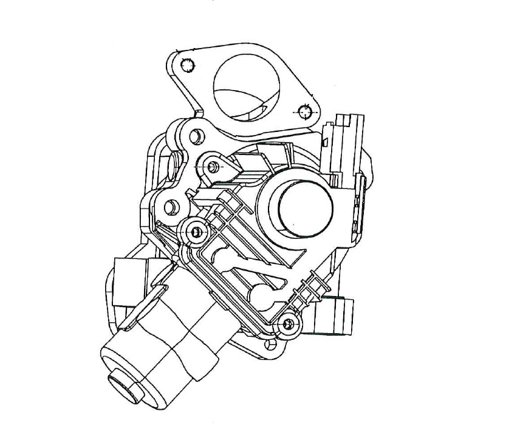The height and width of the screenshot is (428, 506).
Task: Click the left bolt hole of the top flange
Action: coord(188,64)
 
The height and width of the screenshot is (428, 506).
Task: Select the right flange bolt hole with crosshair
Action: coord(305,111)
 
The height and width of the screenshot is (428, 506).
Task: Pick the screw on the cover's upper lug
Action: coord(213,166)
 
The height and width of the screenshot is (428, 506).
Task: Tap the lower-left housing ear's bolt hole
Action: coord(170,206)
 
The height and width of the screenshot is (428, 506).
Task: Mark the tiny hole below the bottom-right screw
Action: coord(270,345)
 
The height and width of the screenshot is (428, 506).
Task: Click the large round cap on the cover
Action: coord(304,207)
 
